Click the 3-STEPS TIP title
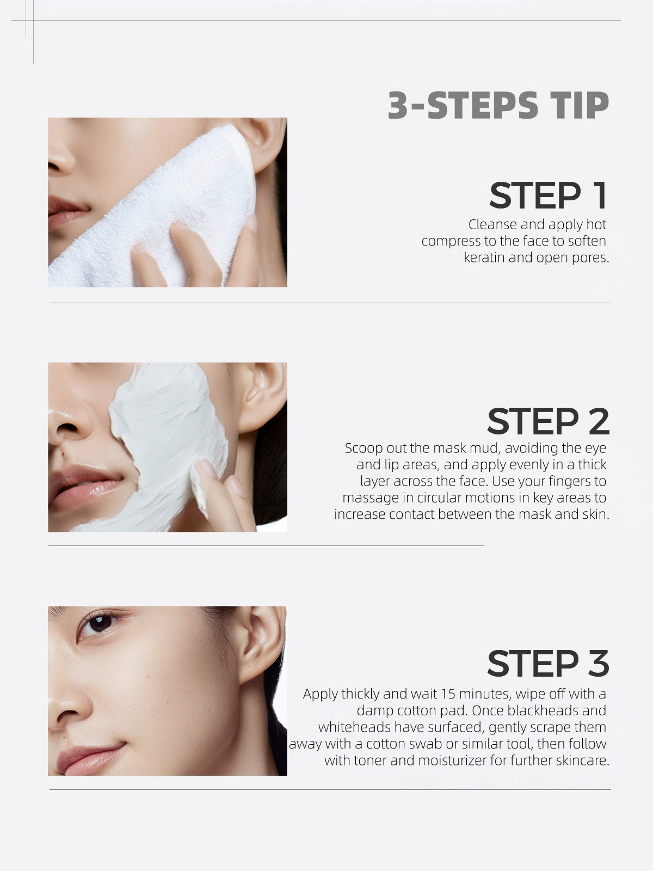498,106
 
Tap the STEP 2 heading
547,421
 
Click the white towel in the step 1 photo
180,207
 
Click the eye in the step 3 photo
98,623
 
